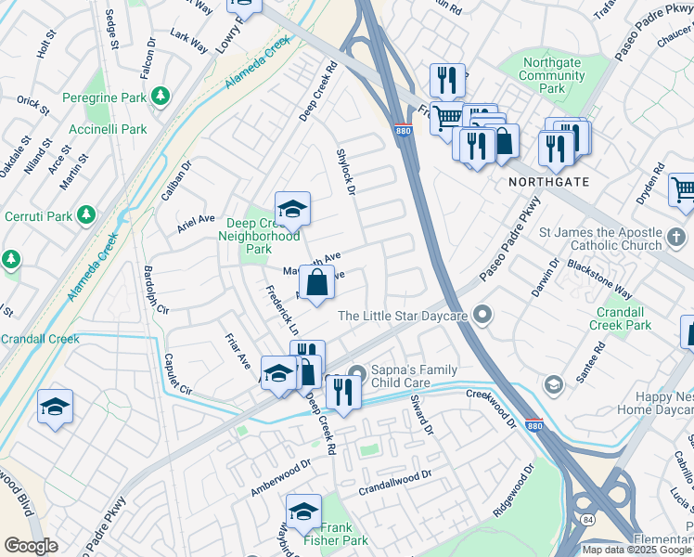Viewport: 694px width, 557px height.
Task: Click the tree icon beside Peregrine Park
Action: point(161,96)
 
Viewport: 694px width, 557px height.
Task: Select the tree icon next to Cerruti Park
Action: point(86,215)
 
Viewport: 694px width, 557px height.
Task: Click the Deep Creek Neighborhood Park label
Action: point(259,236)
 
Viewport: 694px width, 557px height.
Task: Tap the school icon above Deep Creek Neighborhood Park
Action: point(291,209)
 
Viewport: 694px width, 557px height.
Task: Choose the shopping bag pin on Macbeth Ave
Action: point(316,282)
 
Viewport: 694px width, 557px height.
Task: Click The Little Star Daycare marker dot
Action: point(482,316)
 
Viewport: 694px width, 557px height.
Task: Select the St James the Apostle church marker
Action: point(677,239)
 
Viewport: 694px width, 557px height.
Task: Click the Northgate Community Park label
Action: point(556,75)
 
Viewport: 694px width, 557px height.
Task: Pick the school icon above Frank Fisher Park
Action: point(303,512)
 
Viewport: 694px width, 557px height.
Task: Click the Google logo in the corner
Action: point(31,546)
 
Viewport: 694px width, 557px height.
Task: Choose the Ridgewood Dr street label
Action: point(515,492)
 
